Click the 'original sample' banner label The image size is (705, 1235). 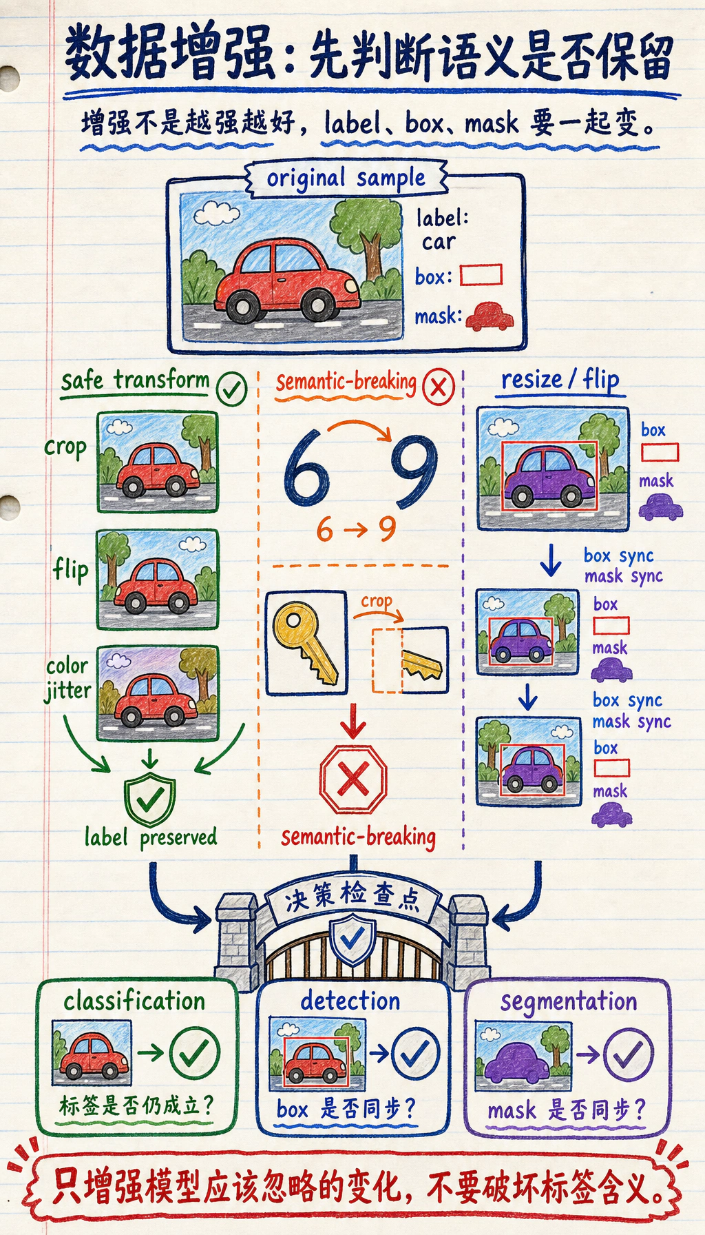pyautogui.click(x=346, y=178)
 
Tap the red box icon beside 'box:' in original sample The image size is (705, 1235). pyautogui.click(x=481, y=275)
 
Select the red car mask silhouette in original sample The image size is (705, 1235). pyautogui.click(x=490, y=316)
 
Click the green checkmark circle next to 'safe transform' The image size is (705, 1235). pyautogui.click(x=232, y=389)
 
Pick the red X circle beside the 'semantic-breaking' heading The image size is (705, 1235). pyautogui.click(x=438, y=387)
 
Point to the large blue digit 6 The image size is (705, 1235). pyautogui.click(x=306, y=467)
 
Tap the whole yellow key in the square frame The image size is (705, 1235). pyautogui.click(x=305, y=643)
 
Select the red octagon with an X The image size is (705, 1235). pyautogui.click(x=353, y=779)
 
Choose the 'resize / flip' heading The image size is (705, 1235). pyautogui.click(x=560, y=380)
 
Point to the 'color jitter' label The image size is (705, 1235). pyautogui.click(x=67, y=679)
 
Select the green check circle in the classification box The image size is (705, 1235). pyautogui.click(x=195, y=1052)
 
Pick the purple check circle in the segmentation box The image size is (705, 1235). pyautogui.click(x=629, y=1054)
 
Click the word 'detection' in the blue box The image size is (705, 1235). pyautogui.click(x=350, y=1001)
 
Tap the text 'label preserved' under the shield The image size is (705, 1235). pyautogui.click(x=151, y=837)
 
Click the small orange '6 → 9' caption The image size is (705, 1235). pyautogui.click(x=356, y=529)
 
